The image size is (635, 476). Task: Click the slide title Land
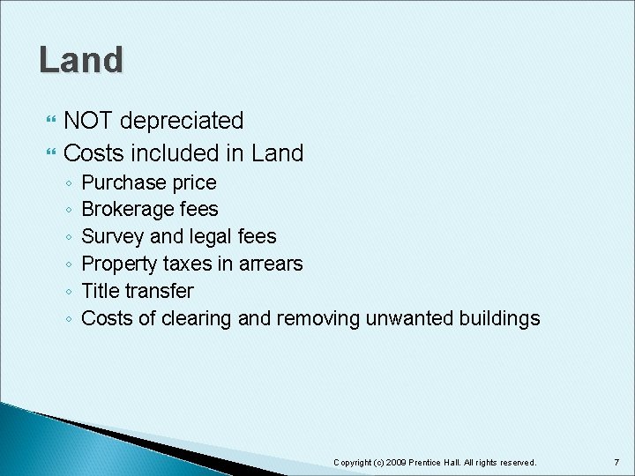point(81,60)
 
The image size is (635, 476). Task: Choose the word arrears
point(271,264)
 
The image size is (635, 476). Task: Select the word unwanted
point(404,318)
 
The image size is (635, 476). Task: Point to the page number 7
point(616,462)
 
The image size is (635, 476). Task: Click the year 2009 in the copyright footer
point(395,462)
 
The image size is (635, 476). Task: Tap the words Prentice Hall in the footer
point(432,462)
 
